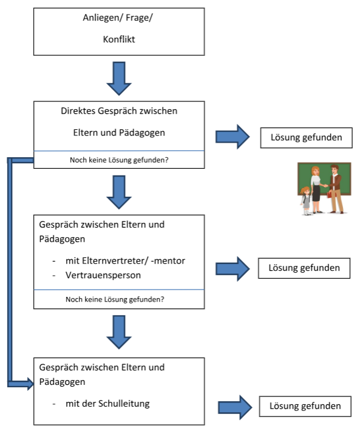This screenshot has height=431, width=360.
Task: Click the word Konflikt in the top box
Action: tap(119, 39)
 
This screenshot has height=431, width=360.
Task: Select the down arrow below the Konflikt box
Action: tap(119, 79)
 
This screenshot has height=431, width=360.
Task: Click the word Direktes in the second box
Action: tap(78, 110)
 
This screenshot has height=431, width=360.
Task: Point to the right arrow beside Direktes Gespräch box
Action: tap(233, 137)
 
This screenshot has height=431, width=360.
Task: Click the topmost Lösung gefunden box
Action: tap(307, 138)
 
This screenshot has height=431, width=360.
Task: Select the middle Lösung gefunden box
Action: tap(304, 268)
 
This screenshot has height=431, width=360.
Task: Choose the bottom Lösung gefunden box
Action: tap(305, 406)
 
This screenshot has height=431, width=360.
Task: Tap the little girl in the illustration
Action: tap(305, 201)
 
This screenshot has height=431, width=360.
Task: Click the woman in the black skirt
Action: tap(316, 189)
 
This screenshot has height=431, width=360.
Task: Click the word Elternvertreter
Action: tap(107, 260)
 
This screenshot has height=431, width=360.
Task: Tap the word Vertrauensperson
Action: tap(103, 275)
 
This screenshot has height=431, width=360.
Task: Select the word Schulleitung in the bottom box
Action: tap(124, 404)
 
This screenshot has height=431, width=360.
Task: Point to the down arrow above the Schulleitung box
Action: tap(119, 332)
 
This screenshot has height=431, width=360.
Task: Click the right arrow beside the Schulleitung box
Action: tap(235, 407)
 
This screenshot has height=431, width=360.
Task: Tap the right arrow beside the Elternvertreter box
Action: tap(233, 269)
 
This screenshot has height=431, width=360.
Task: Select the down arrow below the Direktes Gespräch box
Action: tap(119, 192)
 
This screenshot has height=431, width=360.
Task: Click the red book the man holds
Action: tap(330, 195)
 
